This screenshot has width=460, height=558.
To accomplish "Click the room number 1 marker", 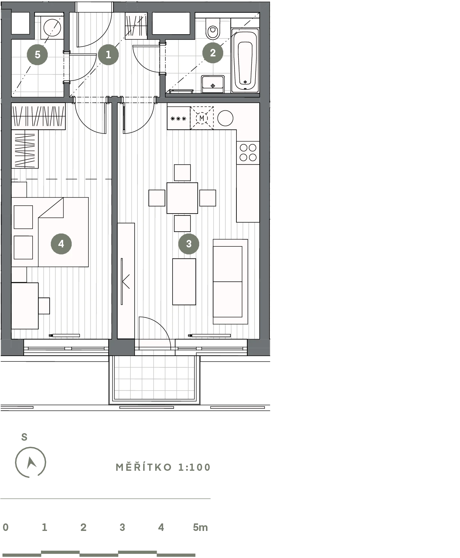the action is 108,55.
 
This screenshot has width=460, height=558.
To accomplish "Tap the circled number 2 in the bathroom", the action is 213,53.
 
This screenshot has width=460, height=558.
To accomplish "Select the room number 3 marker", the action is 189,244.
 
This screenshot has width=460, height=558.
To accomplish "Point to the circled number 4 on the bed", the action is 61,244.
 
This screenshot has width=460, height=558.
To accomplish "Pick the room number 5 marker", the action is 38,55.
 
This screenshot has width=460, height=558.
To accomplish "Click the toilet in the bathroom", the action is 213,29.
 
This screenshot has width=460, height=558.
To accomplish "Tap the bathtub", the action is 245,61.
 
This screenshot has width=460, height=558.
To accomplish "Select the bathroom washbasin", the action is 213,84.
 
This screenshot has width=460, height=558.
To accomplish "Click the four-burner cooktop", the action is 248,153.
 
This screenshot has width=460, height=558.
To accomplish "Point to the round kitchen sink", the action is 225,118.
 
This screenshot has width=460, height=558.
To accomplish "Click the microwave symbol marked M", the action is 202,118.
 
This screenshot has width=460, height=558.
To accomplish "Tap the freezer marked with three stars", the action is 179,118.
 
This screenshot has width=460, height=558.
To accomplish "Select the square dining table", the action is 182,198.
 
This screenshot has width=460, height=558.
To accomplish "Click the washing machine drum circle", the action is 52,27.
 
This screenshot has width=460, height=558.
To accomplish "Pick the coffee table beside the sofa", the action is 184,282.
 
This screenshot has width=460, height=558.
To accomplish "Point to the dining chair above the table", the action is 182,173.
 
